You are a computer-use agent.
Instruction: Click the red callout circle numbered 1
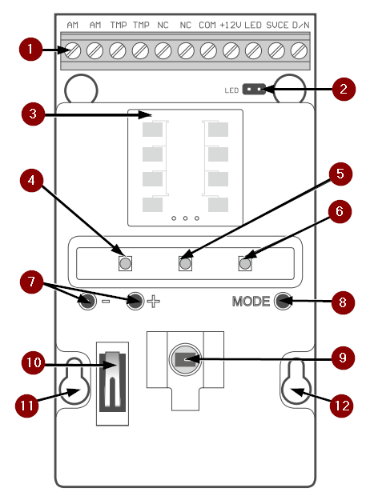click(30, 49)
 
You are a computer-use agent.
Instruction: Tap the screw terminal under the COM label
click(208, 50)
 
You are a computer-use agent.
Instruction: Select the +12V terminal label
click(231, 25)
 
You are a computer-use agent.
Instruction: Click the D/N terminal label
click(300, 25)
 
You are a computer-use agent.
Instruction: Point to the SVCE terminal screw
click(276, 50)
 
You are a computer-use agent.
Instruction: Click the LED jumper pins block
click(254, 90)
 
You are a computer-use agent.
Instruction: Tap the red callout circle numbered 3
click(34, 114)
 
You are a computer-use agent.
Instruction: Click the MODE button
click(283, 301)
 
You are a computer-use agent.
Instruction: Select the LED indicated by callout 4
click(126, 263)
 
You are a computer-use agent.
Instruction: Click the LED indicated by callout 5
click(185, 263)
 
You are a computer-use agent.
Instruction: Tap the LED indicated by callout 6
click(245, 263)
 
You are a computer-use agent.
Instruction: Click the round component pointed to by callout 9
click(185, 359)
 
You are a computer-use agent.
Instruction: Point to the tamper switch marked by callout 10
click(112, 382)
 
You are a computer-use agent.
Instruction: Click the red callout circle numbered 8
click(343, 302)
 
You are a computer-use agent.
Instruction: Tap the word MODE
click(251, 301)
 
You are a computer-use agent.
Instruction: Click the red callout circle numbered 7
click(32, 282)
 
